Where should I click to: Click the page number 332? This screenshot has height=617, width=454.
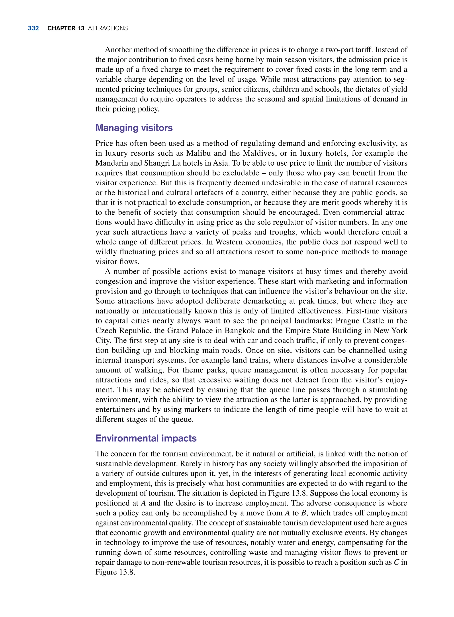click(33, 28)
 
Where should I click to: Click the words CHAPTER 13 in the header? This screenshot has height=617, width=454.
click(66, 28)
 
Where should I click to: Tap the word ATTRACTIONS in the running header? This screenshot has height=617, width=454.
click(108, 28)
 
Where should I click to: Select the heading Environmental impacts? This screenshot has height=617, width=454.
click(146, 438)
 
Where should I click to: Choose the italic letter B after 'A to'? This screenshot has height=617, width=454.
click(304, 513)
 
